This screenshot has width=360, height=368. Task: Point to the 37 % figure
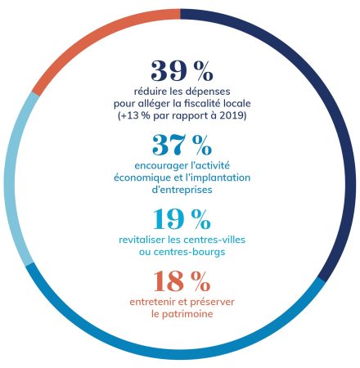[x=182, y=146]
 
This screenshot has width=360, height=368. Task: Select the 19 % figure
[x=182, y=219]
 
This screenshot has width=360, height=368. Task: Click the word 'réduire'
[x=143, y=92]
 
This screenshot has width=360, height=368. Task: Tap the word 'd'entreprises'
[x=181, y=189]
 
